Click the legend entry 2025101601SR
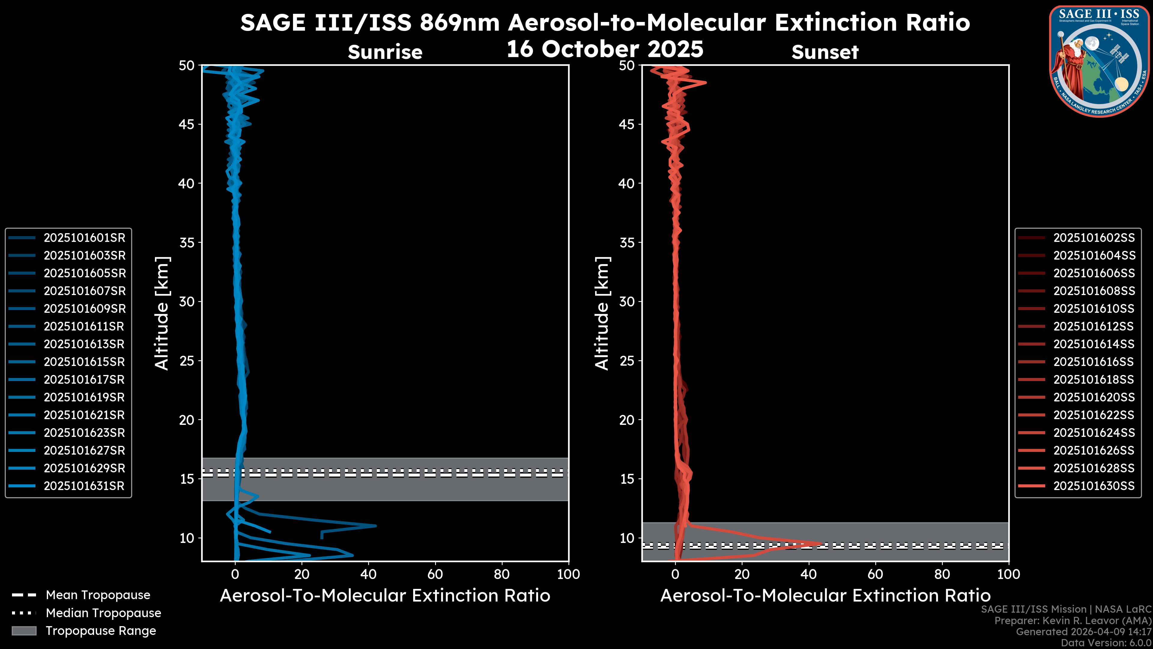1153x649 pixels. pos(84,238)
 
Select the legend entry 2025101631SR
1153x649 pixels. pos(84,486)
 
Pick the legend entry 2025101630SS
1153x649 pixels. pos(1094,486)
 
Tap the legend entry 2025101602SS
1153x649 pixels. pos(1094,238)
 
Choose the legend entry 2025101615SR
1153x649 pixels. pos(84,362)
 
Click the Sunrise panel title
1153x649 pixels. pos(385,52)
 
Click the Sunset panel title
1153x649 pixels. pos(825,52)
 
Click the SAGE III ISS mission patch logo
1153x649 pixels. pos(1099,61)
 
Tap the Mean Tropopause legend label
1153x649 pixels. pos(98,595)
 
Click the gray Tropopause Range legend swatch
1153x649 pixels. pos(24,631)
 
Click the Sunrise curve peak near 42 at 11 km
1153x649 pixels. pos(376,526)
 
